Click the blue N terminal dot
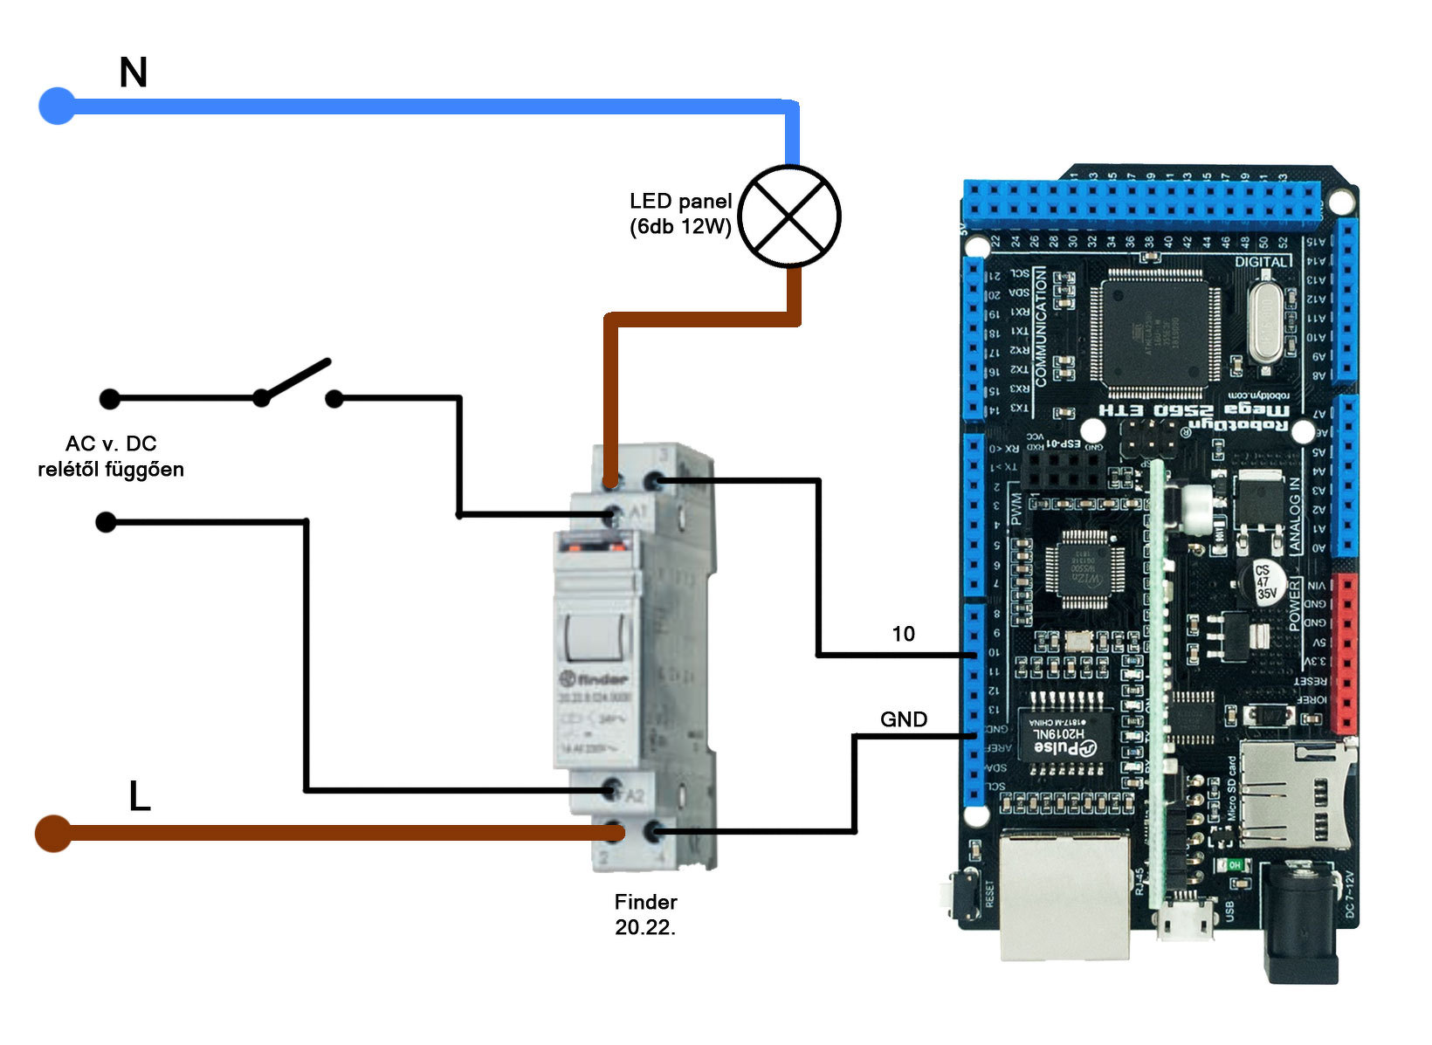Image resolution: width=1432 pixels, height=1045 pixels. point(58,106)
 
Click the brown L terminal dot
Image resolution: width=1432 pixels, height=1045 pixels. point(53,833)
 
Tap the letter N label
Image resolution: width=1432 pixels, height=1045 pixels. point(133,72)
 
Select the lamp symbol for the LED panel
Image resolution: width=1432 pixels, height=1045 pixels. point(789,217)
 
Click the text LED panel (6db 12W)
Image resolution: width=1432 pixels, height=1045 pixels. point(680,214)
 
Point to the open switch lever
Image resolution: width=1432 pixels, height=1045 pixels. point(295,380)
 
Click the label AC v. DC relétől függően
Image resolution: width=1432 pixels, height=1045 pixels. point(111,457)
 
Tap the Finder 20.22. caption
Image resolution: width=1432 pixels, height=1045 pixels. point(645,914)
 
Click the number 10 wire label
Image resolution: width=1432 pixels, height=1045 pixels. point(903,634)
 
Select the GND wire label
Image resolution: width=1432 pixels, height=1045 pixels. point(903,719)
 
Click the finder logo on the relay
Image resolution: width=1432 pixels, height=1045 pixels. point(594,678)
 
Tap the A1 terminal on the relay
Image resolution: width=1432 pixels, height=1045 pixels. point(615,513)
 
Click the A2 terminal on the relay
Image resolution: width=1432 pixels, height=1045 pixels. point(613,791)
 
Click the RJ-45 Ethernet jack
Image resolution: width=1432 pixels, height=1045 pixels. point(1065,895)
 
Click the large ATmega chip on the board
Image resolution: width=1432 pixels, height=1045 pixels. point(1154,330)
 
